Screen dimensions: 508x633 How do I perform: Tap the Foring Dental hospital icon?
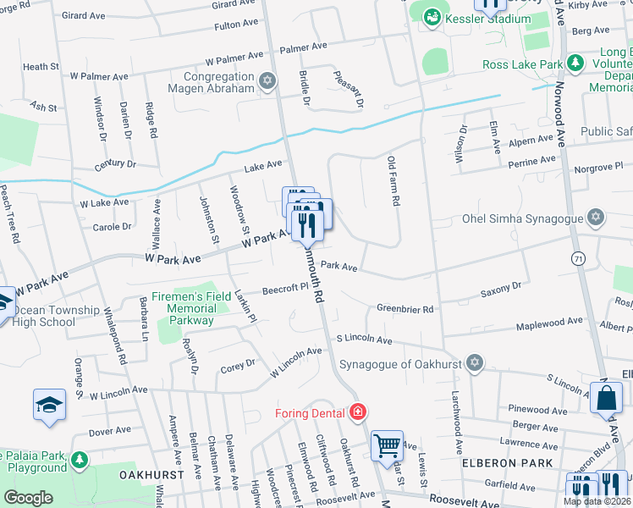tap(359, 412)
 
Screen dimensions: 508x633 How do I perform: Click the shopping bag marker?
tap(608, 399)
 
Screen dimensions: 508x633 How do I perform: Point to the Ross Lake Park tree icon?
tap(575, 64)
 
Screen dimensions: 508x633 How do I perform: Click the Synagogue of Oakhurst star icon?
tap(475, 364)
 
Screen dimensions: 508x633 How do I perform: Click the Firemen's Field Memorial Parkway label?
tap(183, 309)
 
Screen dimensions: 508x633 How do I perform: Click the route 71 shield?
tap(578, 257)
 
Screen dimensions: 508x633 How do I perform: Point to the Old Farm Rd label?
tap(393, 182)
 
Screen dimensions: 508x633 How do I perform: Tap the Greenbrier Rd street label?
tap(405, 310)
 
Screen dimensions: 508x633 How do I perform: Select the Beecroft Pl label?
tap(283, 288)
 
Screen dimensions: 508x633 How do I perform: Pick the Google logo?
tap(28, 498)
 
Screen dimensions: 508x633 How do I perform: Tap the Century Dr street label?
tap(115, 163)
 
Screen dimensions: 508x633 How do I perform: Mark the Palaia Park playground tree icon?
tap(80, 461)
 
